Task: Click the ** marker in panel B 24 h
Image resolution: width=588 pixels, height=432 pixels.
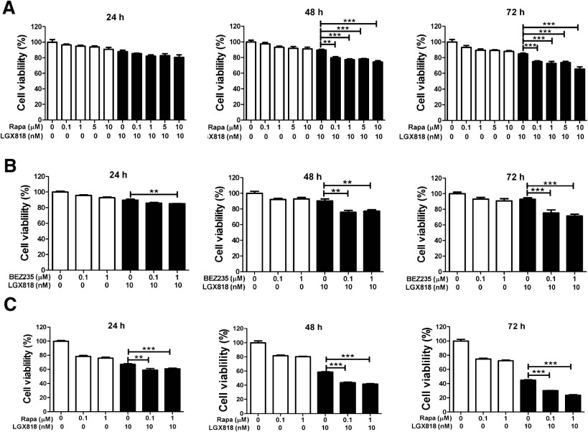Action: click(154, 192)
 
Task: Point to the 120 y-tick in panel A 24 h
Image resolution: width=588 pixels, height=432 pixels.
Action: click(32, 27)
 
